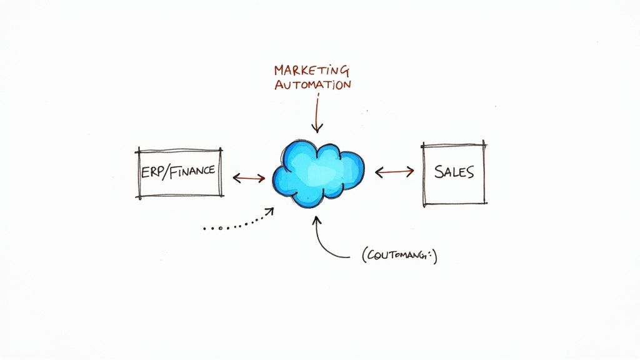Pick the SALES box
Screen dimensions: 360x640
(454, 173)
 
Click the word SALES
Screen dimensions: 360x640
(454, 172)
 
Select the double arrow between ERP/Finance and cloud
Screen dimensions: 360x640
(249, 178)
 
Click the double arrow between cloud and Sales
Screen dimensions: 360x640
(394, 171)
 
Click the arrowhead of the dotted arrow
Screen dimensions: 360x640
(271, 211)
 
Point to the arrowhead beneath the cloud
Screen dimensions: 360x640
(317, 219)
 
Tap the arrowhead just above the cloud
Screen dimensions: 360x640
(317, 129)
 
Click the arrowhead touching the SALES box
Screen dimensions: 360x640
(412, 171)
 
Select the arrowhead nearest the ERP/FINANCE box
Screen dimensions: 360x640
(236, 178)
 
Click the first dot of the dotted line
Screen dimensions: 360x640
(204, 228)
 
